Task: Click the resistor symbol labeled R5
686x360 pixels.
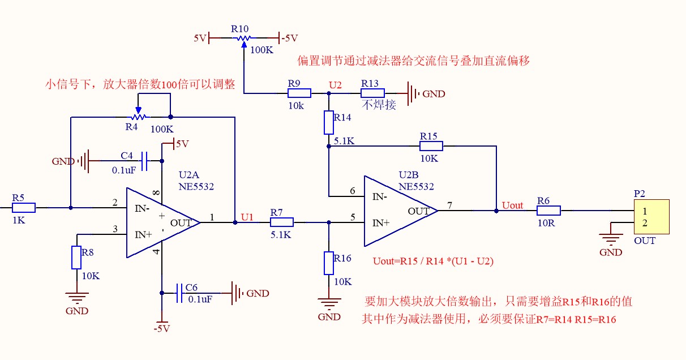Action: point(24,208)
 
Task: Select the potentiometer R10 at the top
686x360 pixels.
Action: point(243,38)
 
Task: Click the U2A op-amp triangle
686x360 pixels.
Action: point(162,222)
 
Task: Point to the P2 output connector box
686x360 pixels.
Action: point(651,216)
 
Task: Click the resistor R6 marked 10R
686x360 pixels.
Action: point(548,211)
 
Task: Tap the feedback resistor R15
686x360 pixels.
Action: point(431,146)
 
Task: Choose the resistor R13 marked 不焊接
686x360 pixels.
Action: point(372,93)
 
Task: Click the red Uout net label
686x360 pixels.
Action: point(512,205)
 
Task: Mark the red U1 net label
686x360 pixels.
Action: point(247,216)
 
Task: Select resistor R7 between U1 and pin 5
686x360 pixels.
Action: point(281,222)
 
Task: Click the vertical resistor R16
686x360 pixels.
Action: point(329,263)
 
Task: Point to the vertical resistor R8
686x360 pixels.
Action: point(76,258)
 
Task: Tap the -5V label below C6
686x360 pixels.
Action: point(161,328)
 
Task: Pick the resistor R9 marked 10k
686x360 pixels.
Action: point(299,93)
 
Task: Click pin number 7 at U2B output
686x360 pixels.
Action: point(449,204)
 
